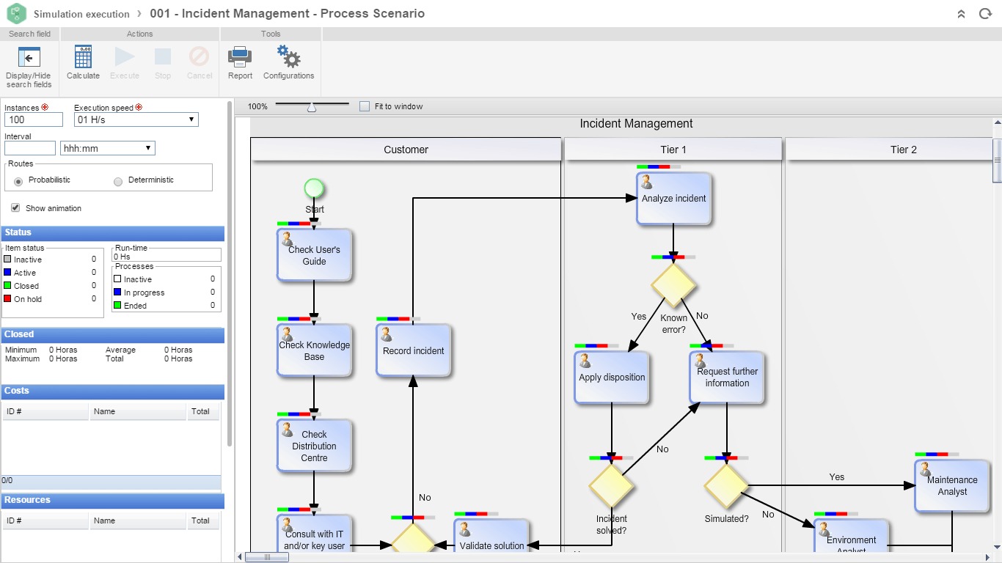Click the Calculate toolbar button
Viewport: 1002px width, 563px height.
[83, 62]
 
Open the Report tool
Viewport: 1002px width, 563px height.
[240, 62]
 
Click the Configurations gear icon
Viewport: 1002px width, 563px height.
[288, 62]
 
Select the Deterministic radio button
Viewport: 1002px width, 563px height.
[118, 180]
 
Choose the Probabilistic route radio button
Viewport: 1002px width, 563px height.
[18, 180]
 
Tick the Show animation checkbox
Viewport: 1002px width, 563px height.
[15, 208]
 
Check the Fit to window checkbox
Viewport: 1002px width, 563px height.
[365, 106]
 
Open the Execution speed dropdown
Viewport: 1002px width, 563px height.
[136, 119]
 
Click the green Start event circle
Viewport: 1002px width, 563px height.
[314, 189]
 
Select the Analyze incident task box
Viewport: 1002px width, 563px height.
[673, 199]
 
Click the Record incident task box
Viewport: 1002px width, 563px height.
[413, 351]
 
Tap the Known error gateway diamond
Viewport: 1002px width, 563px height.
[673, 284]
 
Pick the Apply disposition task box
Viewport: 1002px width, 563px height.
[612, 378]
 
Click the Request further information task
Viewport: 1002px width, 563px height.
[727, 378]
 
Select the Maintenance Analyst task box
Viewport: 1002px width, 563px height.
[951, 486]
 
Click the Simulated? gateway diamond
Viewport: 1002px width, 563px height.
[726, 486]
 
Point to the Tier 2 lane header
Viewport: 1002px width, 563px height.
[903, 150]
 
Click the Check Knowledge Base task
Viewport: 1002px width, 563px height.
[314, 351]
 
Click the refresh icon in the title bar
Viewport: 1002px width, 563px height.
[985, 14]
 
